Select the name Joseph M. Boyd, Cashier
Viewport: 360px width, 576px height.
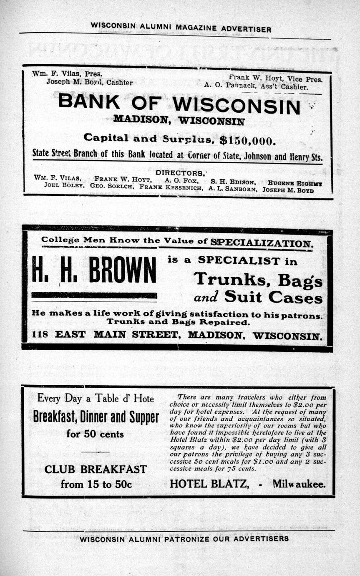pyautogui.click(x=89, y=82)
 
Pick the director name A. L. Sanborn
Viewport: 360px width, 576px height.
pyautogui.click(x=232, y=189)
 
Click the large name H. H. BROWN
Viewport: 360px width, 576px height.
pyautogui.click(x=94, y=270)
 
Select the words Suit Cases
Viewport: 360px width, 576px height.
pyautogui.click(x=273, y=297)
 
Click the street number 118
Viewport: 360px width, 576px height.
pyautogui.click(x=40, y=335)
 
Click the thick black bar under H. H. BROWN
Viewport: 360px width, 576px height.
pyautogui.click(x=94, y=295)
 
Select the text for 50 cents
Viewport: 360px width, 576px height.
pyautogui.click(x=95, y=434)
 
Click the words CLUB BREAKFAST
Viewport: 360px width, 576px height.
pyautogui.click(x=96, y=469)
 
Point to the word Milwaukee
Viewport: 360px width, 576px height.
pyautogui.click(x=299, y=484)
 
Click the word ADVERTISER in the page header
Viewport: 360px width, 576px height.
pyautogui.click(x=246, y=29)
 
